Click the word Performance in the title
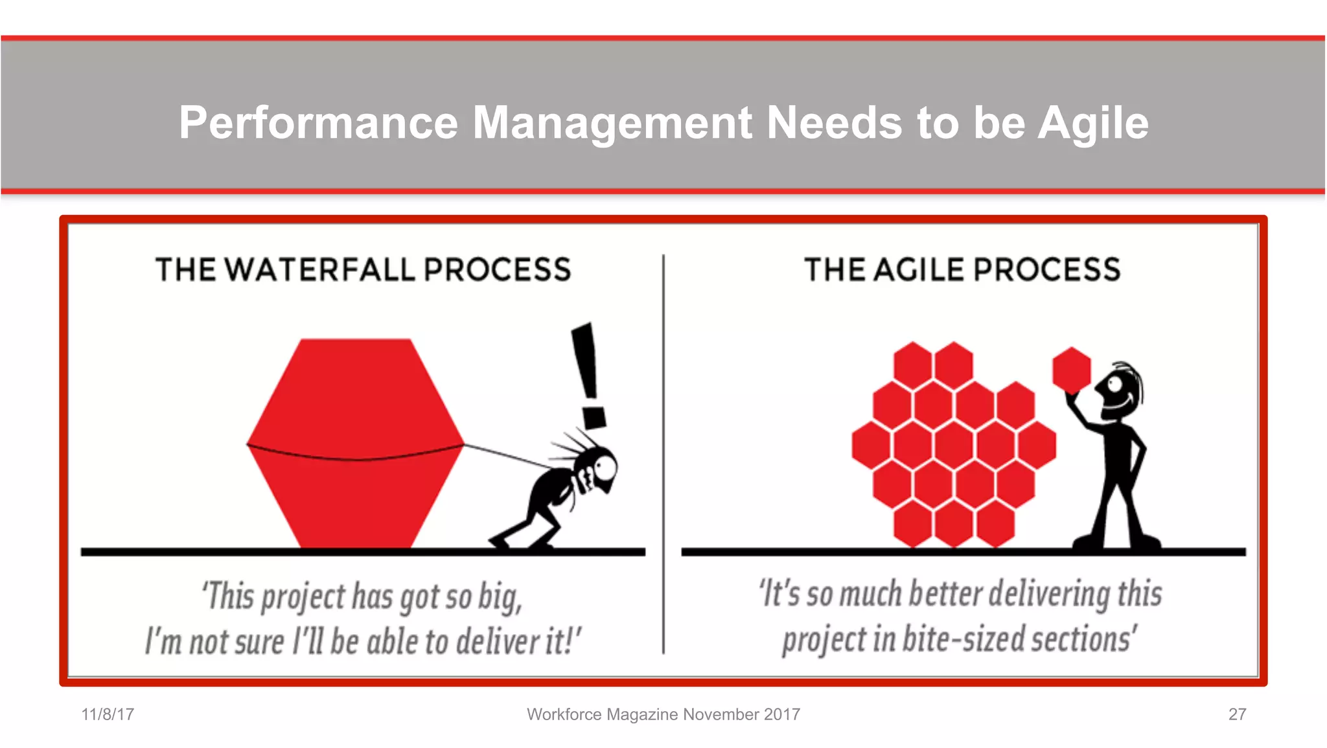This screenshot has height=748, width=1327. click(318, 123)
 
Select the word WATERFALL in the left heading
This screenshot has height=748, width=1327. click(321, 270)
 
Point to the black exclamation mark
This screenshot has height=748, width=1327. click(589, 376)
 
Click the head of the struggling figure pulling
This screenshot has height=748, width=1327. click(599, 466)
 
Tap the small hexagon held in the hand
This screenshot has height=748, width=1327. click(1072, 370)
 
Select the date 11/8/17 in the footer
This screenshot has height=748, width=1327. click(108, 714)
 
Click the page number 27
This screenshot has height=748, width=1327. click(1237, 714)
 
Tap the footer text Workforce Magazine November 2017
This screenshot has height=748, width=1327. click(663, 714)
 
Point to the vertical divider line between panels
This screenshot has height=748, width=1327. click(663, 453)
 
